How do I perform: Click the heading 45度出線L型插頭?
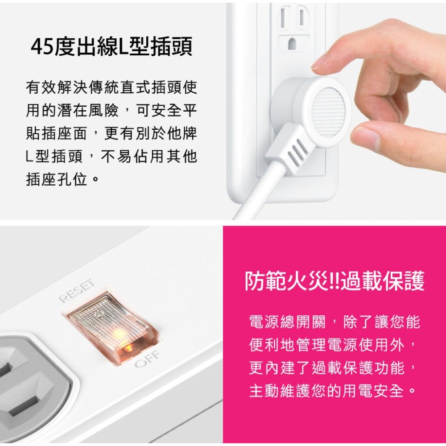[x=111, y=47]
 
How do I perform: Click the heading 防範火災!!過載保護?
[x=334, y=282]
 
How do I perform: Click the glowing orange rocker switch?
[x=111, y=328]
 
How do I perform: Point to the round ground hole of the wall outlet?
[x=292, y=44]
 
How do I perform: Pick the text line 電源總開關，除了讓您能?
[x=334, y=322]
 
